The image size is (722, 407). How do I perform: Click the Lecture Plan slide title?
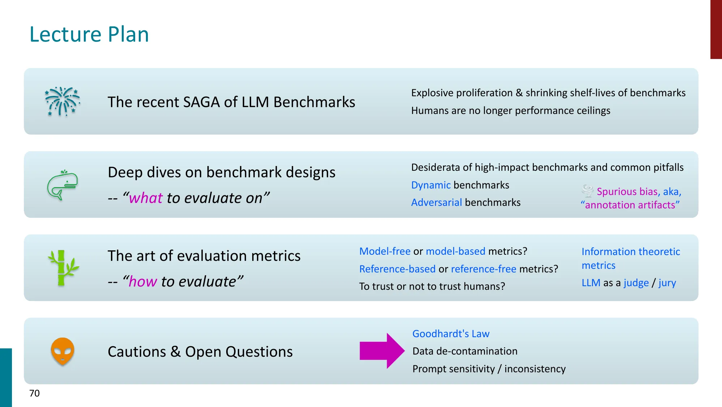coord(89,34)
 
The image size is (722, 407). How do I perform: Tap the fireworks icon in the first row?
coord(63,102)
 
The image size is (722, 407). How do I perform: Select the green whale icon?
coord(63,185)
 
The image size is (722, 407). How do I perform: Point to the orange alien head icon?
coord(63,351)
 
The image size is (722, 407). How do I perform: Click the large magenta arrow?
coord(382,351)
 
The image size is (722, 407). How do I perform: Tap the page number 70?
coord(34,393)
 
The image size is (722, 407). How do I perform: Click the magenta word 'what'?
coord(146,198)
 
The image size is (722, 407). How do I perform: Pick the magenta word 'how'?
coord(143,281)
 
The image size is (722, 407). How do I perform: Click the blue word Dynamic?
coord(431,185)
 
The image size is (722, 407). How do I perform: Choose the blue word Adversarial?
coord(437,202)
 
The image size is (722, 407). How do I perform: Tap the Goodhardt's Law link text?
coord(451,334)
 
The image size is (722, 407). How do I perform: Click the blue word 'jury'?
coord(667,283)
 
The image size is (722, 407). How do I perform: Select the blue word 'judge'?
coord(636,283)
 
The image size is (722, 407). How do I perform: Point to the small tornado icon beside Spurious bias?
coord(588,191)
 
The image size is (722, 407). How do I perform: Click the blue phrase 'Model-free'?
coord(385,251)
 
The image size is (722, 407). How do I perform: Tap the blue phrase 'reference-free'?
coord(484,269)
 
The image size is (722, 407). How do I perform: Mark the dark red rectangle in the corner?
coord(716,29)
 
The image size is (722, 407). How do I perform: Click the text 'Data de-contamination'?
coord(465,351)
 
